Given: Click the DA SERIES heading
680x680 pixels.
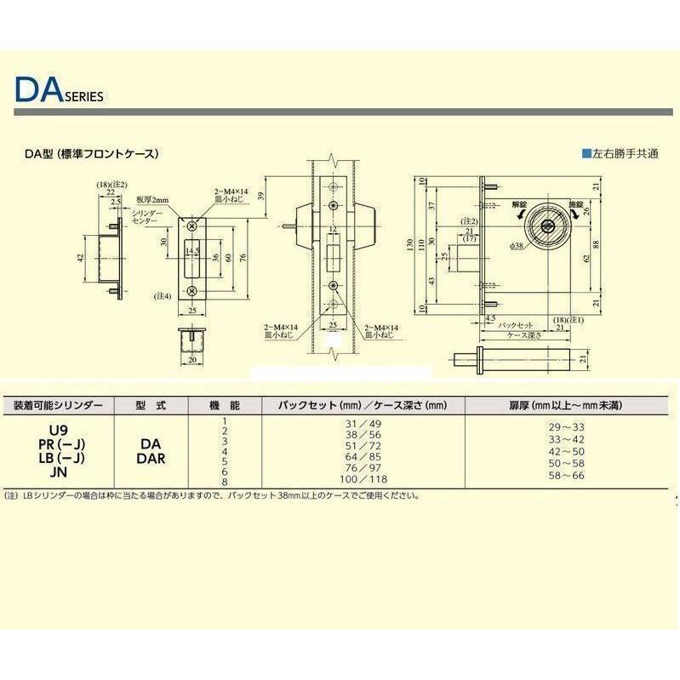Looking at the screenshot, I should click(60, 90).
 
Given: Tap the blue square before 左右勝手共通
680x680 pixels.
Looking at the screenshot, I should click(586, 154).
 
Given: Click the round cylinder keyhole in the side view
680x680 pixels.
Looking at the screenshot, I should click(546, 227).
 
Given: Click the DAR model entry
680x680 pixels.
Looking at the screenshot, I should click(150, 457).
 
